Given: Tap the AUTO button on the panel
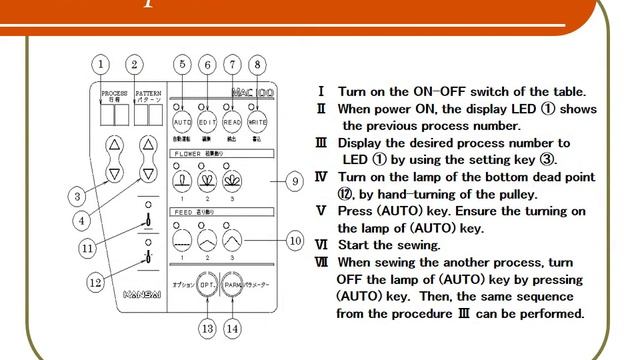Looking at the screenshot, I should click(182, 121).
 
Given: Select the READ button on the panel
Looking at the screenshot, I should click(232, 121).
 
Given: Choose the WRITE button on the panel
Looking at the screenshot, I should click(258, 121).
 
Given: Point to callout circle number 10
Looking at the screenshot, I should click(294, 240).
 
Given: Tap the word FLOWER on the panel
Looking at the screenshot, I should click(188, 154).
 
